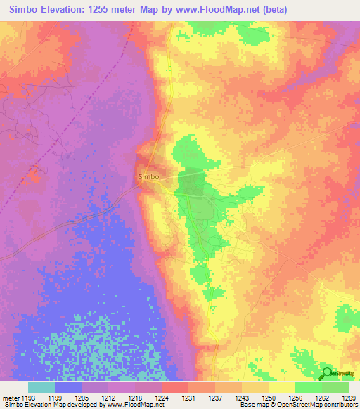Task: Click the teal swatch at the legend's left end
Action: (41, 387)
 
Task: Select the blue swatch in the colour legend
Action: (68, 387)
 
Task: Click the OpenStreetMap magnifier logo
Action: (328, 374)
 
